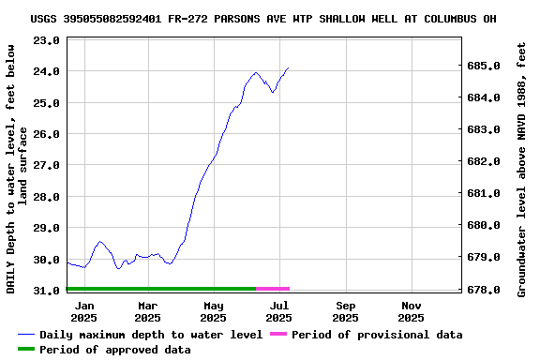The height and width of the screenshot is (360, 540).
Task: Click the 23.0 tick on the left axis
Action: tap(47, 40)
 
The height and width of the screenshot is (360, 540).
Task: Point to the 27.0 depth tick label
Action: tap(47, 165)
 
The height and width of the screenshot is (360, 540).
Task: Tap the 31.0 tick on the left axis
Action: tap(47, 291)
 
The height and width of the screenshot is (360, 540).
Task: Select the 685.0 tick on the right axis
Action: tap(483, 66)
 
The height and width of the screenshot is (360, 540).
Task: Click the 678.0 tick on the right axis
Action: tap(483, 290)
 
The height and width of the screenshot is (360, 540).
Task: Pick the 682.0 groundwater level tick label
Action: tap(483, 161)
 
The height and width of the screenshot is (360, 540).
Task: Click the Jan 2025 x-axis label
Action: tap(84, 311)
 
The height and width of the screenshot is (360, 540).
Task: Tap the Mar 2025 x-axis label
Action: tap(148, 311)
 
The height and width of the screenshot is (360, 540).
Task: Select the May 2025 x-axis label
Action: tap(214, 311)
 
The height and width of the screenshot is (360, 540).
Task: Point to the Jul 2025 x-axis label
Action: tap(279, 311)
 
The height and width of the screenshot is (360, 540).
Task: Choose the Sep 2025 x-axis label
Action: tap(346, 311)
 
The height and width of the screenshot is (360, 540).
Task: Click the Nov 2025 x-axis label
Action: tap(412, 311)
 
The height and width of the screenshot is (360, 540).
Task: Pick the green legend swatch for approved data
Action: tap(26, 350)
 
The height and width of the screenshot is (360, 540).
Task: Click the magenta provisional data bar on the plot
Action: tap(273, 289)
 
